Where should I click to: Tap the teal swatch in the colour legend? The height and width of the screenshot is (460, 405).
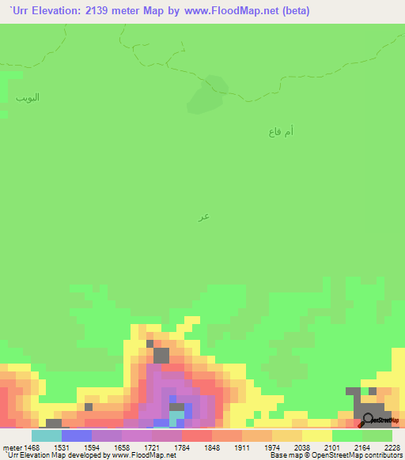pos(47,435)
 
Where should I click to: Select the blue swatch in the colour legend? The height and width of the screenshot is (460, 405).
pos(77,435)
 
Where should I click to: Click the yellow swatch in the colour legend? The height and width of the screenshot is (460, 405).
pos(317,435)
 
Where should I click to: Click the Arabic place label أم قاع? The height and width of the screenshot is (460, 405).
pos(281,132)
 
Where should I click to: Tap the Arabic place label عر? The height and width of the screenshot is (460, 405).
pos(204,216)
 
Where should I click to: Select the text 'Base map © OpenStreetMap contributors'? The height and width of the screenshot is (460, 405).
pos(335,455)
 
